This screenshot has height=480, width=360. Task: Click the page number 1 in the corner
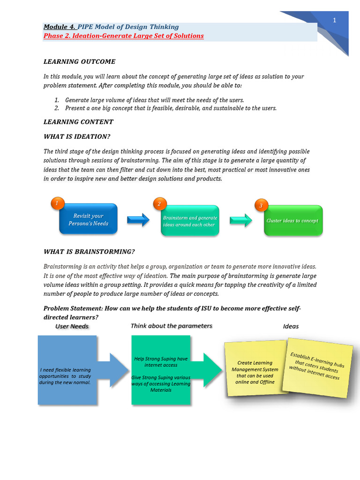[x=335, y=20]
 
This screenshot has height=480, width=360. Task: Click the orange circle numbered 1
[x=57, y=203]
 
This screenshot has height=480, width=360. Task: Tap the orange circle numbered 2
[x=159, y=204]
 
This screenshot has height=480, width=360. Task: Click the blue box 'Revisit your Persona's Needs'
[x=88, y=219]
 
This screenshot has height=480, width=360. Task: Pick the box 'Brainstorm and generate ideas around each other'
[x=190, y=221]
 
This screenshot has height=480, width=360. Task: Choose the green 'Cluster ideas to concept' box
[x=293, y=221]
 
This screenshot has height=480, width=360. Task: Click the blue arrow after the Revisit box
[x=138, y=219]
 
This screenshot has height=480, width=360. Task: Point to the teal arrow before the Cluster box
[x=241, y=220]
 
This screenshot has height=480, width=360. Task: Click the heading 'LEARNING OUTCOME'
[x=79, y=61]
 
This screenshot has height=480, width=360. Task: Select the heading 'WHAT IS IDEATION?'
[x=76, y=136]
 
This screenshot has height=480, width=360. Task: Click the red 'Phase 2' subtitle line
[x=124, y=36]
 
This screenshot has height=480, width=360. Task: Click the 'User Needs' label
[x=72, y=326]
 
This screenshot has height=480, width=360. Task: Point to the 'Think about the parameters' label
[x=171, y=326]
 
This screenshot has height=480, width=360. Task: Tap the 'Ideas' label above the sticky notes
[x=291, y=326]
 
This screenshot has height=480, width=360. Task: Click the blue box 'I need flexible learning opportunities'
[x=67, y=370]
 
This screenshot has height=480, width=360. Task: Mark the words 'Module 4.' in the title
[x=60, y=27]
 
